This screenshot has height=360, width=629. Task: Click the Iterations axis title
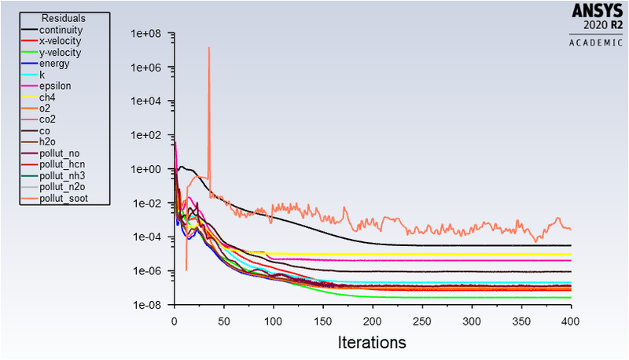click(372, 343)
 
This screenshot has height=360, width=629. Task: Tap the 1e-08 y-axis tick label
click(146, 305)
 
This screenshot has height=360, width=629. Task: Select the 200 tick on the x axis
click(373, 321)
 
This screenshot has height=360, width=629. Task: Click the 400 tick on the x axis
click(571, 321)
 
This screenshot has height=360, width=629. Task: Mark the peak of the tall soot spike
click(209, 48)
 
